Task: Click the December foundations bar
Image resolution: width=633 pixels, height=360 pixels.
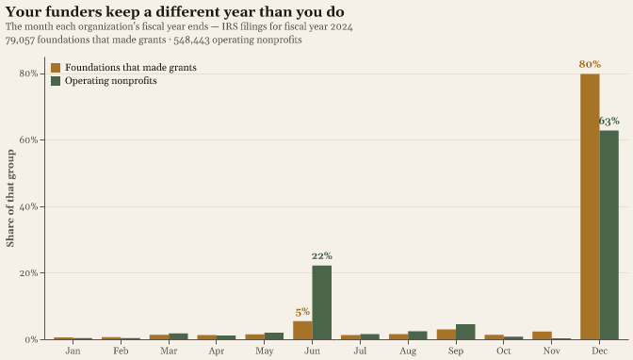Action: click(590, 206)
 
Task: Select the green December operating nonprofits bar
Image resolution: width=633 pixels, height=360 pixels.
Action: click(609, 235)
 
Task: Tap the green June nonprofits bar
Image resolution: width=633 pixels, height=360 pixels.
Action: click(322, 303)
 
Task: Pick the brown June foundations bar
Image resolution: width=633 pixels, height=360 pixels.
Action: click(302, 330)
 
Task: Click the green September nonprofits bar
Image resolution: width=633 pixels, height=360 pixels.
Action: click(465, 332)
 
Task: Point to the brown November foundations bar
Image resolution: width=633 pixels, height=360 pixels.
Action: click(543, 335)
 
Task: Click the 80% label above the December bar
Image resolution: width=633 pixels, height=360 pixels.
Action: click(590, 64)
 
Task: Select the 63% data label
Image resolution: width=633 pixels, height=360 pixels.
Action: click(609, 121)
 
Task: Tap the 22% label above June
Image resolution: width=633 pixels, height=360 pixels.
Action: click(322, 255)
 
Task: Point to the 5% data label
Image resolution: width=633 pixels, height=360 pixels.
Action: click(302, 312)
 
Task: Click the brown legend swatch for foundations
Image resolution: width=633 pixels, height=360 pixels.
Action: click(56, 68)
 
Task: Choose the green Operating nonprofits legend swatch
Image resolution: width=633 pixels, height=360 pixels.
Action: click(56, 81)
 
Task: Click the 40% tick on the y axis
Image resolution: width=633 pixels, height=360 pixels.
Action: click(28, 206)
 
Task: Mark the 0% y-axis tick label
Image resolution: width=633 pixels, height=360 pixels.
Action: click(31, 340)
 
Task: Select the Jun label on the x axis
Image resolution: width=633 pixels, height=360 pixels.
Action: click(313, 351)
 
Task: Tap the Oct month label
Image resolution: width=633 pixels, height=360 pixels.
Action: click(504, 351)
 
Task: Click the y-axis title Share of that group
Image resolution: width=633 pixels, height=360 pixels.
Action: click(10, 198)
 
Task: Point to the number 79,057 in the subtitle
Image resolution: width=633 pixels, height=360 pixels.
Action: click(20, 40)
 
